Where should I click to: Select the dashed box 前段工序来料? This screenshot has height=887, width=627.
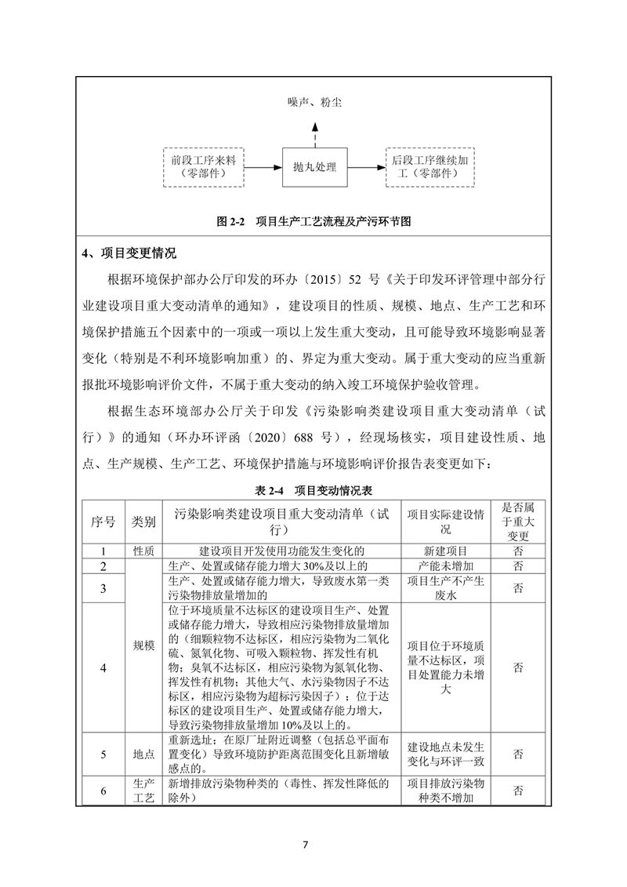203,166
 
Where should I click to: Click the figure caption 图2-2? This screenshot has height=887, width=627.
313,222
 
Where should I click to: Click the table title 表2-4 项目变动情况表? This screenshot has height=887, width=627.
313,490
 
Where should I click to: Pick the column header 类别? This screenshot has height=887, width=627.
143,521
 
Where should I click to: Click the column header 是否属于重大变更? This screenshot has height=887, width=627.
518,521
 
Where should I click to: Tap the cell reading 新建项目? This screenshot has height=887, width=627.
444,551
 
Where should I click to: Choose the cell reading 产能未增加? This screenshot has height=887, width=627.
444,565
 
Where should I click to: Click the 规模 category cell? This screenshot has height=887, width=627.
143,645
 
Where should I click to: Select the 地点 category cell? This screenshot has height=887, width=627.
143,754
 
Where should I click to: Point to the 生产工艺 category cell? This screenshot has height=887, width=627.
143,791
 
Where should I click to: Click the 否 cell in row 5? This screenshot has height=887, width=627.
518,754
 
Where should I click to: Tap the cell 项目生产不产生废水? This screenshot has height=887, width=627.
444,587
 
